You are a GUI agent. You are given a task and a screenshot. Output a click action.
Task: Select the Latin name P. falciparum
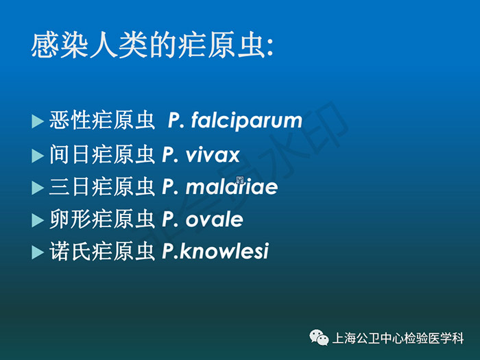(x=235, y=121)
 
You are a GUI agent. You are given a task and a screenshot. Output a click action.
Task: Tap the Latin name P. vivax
(x=200, y=155)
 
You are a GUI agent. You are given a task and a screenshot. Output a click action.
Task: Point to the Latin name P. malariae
(x=220, y=187)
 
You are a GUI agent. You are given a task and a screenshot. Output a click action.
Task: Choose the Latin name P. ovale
(x=202, y=219)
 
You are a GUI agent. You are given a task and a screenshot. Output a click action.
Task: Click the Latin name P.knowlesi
(x=215, y=252)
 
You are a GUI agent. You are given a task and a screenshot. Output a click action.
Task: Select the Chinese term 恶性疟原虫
(x=101, y=120)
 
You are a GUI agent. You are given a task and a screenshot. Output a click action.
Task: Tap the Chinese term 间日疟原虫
(x=101, y=154)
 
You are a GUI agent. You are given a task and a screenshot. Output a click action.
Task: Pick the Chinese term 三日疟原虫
(x=101, y=187)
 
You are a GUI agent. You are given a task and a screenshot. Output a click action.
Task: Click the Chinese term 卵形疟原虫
(x=101, y=219)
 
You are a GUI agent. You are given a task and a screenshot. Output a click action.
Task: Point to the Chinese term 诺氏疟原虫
(x=101, y=251)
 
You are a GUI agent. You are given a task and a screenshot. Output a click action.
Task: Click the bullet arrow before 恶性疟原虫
(x=37, y=121)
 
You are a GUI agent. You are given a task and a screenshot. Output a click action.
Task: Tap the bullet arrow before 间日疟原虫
(x=37, y=156)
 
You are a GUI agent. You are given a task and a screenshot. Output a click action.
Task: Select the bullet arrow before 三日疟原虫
(x=37, y=188)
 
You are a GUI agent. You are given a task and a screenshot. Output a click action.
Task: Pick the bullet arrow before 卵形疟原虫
(x=37, y=220)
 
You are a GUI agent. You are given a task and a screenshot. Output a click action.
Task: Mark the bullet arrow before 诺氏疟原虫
(x=37, y=252)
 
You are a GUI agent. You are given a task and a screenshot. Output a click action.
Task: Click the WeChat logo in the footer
(x=319, y=337)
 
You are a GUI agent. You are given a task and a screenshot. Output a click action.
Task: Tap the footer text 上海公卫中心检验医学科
(x=398, y=338)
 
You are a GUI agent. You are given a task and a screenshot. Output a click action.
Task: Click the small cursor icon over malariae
(x=240, y=180)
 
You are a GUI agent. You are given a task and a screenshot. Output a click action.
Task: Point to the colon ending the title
(x=269, y=49)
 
